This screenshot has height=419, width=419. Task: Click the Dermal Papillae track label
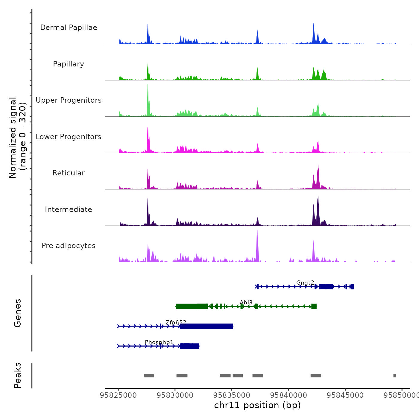(69, 28)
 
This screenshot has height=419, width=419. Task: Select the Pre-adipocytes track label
(69, 246)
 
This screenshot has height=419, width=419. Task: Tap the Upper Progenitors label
(69, 100)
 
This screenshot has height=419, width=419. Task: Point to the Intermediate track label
(69, 209)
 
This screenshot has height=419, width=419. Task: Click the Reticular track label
(69, 173)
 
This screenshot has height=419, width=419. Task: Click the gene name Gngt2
(305, 283)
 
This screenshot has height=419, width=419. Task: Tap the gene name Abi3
(246, 303)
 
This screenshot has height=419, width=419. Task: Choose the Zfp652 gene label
(176, 322)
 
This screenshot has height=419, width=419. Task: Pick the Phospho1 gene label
(159, 342)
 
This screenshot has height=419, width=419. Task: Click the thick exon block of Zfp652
(207, 326)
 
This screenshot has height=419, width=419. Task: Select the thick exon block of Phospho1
(190, 346)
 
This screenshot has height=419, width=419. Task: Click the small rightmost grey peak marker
(394, 376)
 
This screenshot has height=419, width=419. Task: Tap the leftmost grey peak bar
(149, 376)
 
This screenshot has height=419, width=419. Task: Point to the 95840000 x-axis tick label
(289, 395)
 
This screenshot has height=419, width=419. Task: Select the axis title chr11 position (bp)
(257, 405)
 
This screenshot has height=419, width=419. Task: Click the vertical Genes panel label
(18, 313)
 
